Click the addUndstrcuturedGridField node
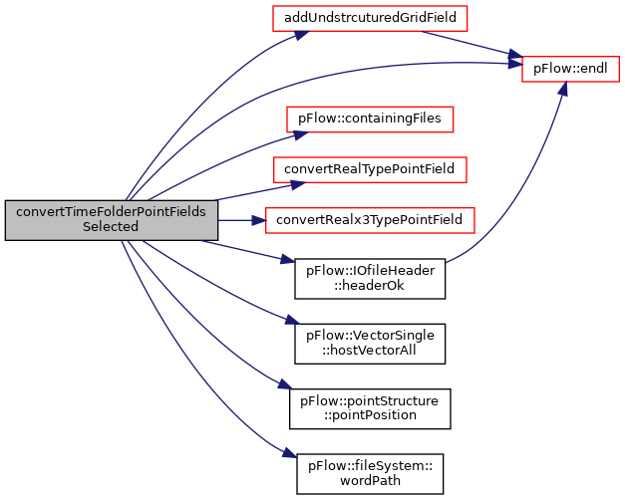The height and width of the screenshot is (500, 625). (x=370, y=18)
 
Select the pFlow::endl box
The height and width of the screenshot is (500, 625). (x=570, y=69)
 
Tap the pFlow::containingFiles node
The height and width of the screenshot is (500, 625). (x=370, y=120)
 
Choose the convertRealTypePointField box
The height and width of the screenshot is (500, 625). (x=370, y=169)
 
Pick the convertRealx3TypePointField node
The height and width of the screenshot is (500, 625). (x=370, y=220)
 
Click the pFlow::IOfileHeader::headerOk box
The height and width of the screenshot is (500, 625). (x=370, y=279)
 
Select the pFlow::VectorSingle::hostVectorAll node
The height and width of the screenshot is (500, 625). (x=370, y=344)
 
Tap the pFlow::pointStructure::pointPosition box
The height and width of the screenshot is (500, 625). (x=370, y=408)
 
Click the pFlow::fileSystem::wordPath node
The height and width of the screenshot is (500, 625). (x=370, y=474)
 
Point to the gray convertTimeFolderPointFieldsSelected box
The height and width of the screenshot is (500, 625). (x=112, y=220)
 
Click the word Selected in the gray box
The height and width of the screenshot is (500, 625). (x=111, y=227)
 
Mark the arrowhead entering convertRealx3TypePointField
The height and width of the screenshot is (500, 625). (x=259, y=220)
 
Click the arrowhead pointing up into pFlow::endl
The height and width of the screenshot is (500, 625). (x=563, y=88)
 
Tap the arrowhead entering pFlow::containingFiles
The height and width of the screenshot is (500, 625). (x=301, y=135)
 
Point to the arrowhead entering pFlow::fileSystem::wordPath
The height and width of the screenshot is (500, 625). (x=290, y=454)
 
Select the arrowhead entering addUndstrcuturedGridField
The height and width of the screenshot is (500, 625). (x=302, y=35)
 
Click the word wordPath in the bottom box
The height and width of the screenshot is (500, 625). (x=370, y=481)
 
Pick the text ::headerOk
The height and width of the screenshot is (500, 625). (x=369, y=286)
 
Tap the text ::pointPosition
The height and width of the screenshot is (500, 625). (x=370, y=415)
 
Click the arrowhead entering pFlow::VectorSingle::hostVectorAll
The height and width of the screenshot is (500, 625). (x=292, y=320)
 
